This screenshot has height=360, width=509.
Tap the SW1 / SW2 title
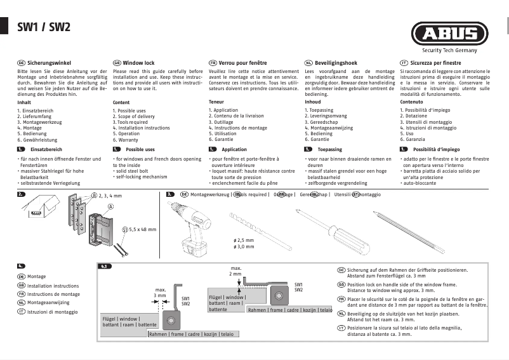point(43,27)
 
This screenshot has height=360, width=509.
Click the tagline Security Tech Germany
point(451,51)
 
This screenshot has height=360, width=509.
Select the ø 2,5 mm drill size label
point(243,241)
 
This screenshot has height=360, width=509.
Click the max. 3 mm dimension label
point(160,293)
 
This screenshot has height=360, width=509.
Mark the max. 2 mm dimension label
point(235,271)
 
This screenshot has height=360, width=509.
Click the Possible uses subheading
point(140,149)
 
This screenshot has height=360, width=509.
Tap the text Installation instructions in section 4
point(53,286)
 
